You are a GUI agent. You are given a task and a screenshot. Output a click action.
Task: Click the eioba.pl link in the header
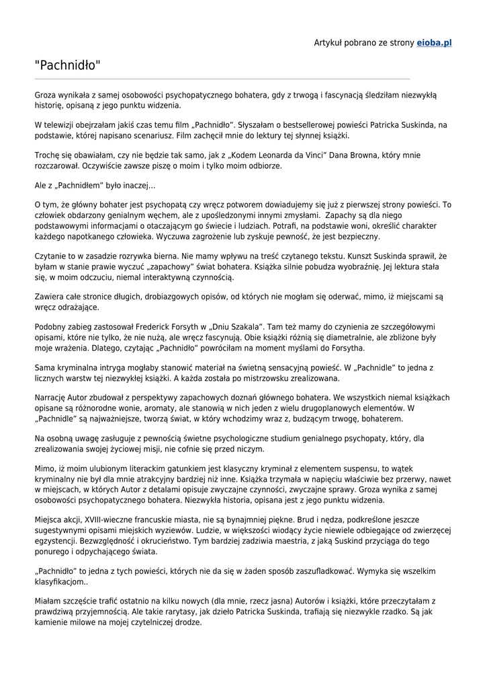click(x=434, y=42)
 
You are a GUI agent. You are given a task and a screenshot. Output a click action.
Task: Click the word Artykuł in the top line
click(x=329, y=42)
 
